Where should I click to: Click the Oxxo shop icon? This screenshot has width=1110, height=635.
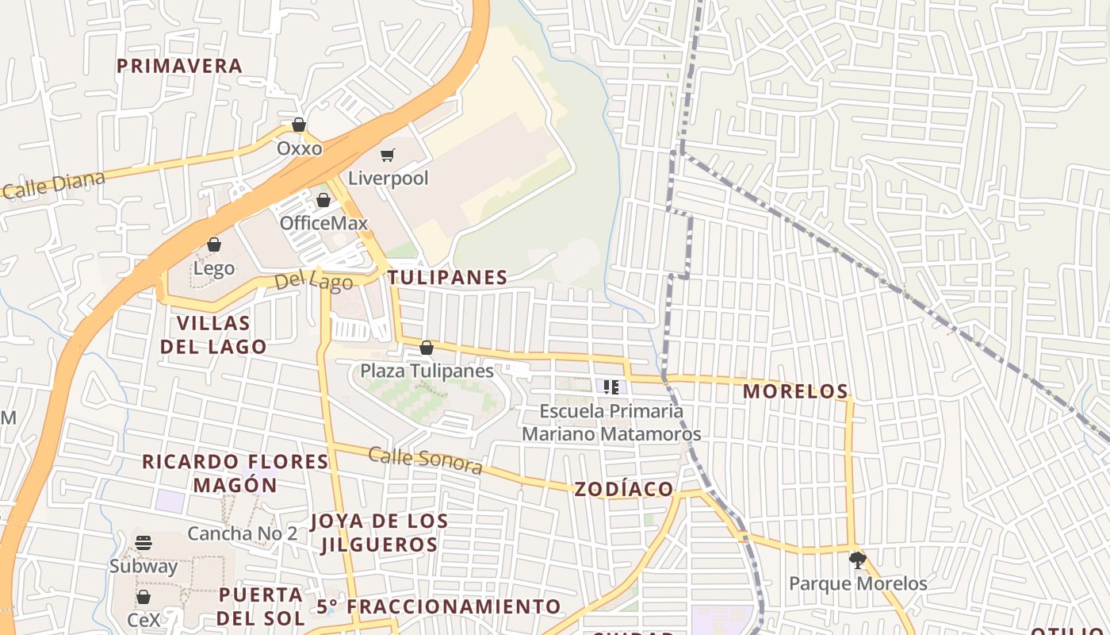coord(299,125)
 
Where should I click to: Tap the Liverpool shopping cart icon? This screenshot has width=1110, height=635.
coord(387,156)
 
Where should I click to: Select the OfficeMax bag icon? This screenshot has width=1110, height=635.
coord(323,200)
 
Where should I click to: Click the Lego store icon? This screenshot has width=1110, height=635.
coord(214,244)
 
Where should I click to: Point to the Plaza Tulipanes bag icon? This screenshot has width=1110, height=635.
coord(427,348)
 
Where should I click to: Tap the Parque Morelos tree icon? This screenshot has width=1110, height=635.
coord(857,560)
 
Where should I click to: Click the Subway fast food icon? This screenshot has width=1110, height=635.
coord(144,543)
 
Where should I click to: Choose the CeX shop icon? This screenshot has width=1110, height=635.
coord(144,597)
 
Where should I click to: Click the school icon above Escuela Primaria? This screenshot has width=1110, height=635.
coord(611,387)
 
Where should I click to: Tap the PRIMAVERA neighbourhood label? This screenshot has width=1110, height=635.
coord(180,66)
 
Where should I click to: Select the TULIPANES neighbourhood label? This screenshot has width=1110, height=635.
coord(448,277)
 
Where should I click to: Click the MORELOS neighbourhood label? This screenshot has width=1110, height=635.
coord(795,391)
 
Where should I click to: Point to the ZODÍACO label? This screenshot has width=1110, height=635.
coord(624,489)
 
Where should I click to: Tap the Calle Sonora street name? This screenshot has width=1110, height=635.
coord(425,460)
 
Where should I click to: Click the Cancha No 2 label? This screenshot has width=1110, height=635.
coord(243,533)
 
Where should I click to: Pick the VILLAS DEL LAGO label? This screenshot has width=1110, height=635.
coord(213,335)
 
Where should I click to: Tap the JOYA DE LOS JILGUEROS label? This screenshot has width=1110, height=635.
coord(379,533)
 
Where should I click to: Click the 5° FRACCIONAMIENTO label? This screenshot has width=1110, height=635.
coord(439,607)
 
